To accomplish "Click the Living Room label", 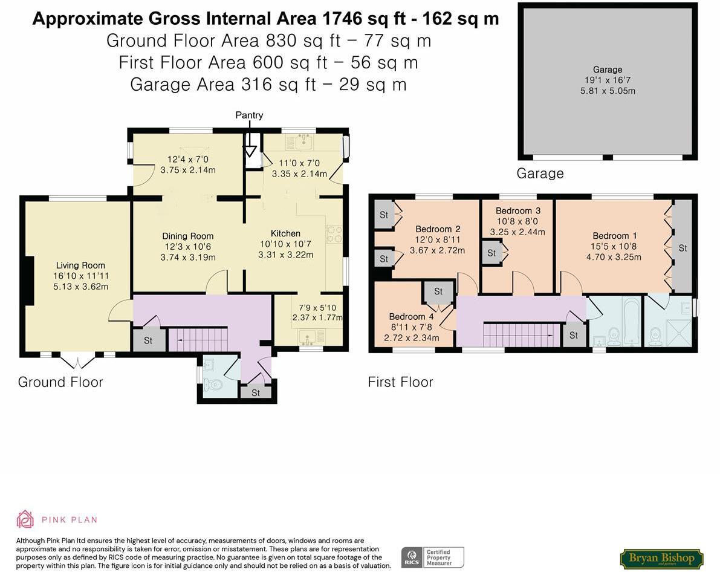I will [80, 265].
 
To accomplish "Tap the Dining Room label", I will [187, 236].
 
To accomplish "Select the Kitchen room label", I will [285, 233].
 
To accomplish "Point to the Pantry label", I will [250, 115].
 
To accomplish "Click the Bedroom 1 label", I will [611, 236].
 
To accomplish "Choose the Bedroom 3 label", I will [517, 211].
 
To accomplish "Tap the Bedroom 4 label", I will [410, 317].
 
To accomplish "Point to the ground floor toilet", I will [212, 384].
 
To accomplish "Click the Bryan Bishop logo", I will [661, 558].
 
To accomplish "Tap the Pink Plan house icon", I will [25, 519].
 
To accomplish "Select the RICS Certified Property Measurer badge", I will [433, 557].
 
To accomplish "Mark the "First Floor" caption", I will [400, 382].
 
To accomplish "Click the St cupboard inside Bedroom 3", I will [491, 253].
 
